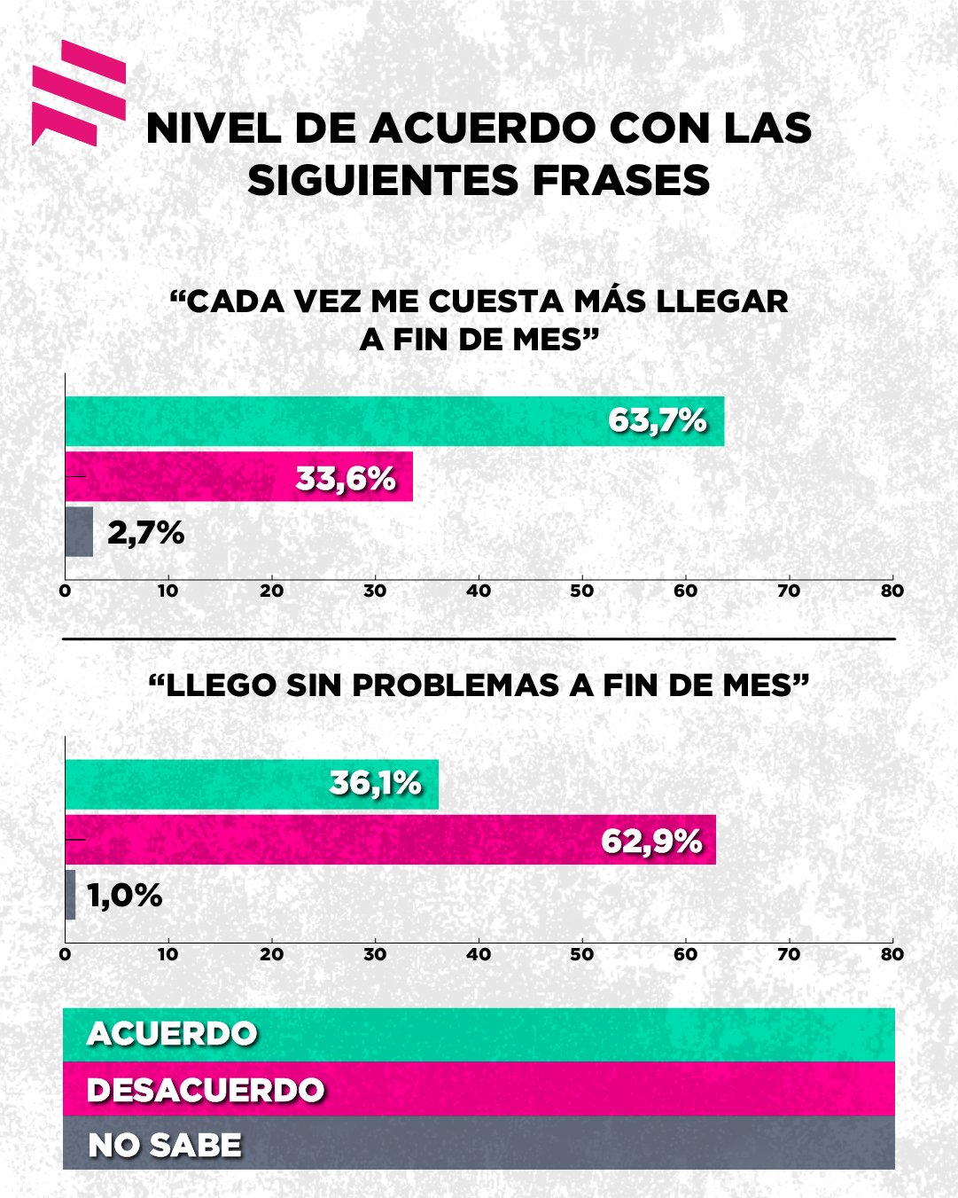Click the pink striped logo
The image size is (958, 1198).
(x=78, y=92)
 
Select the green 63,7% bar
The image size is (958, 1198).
(x=394, y=421)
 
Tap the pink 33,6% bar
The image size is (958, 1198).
(x=238, y=477)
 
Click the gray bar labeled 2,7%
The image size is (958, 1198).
(x=79, y=532)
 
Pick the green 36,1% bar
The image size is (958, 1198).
(x=252, y=785)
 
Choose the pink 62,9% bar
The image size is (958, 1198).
(x=390, y=840)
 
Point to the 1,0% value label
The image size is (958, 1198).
(x=125, y=896)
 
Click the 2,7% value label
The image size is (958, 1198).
(x=146, y=533)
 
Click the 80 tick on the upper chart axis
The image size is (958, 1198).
(x=892, y=591)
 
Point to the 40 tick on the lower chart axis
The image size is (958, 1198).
(x=479, y=955)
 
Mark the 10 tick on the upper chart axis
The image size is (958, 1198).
(x=168, y=591)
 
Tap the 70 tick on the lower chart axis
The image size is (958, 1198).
(x=789, y=955)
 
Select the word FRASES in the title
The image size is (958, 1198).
(x=620, y=181)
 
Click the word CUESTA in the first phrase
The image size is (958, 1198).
(x=495, y=301)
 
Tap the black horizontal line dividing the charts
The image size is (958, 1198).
(x=479, y=638)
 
